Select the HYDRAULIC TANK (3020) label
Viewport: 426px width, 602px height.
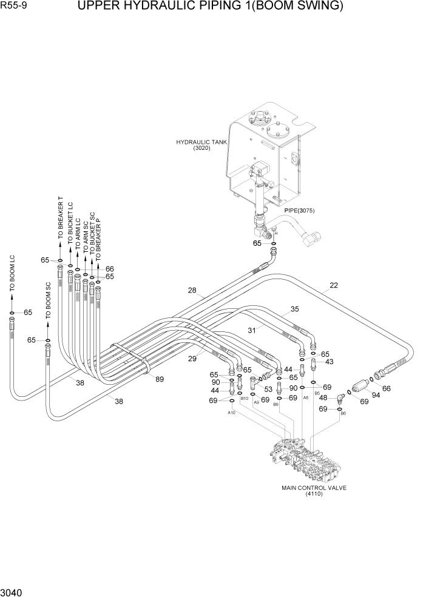click(x=193, y=145)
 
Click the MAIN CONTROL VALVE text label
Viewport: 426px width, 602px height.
click(x=314, y=487)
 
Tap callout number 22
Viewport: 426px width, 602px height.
click(x=333, y=286)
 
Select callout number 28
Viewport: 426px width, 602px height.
click(x=192, y=291)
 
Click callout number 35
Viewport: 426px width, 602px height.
click(x=294, y=309)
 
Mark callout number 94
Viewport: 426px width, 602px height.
click(x=376, y=396)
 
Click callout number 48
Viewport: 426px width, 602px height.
click(x=323, y=398)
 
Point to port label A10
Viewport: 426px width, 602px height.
click(x=231, y=413)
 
